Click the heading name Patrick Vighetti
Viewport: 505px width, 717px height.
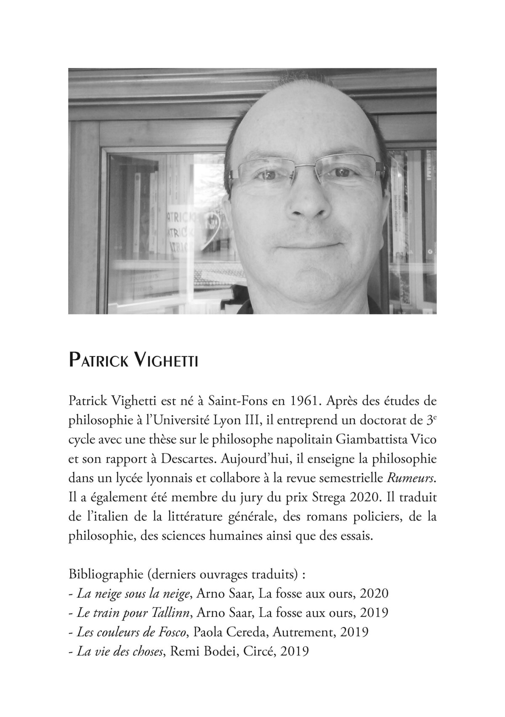point(133,362)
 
